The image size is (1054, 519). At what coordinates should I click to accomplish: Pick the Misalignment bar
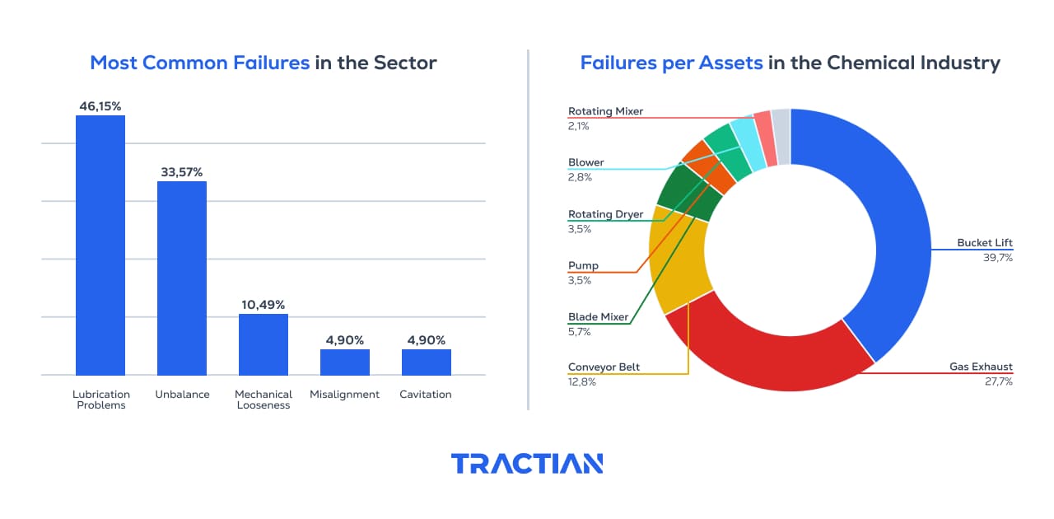tap(345, 362)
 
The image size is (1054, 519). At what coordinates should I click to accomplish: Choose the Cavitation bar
tap(426, 362)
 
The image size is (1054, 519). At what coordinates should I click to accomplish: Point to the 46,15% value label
tap(100, 106)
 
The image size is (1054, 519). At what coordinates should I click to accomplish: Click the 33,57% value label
tap(182, 172)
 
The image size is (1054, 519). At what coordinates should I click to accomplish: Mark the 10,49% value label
tap(263, 305)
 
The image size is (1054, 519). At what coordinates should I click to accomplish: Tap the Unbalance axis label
tap(181, 395)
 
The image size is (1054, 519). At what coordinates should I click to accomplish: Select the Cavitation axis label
tap(426, 395)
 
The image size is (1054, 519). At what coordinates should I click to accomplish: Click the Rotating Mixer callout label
tap(605, 111)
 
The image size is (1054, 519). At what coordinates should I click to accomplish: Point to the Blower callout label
tap(585, 162)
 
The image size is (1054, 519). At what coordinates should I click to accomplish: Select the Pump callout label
tap(583, 266)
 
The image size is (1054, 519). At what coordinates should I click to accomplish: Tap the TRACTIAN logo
tap(527, 463)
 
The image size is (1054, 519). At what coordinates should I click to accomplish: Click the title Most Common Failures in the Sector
tap(263, 63)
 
